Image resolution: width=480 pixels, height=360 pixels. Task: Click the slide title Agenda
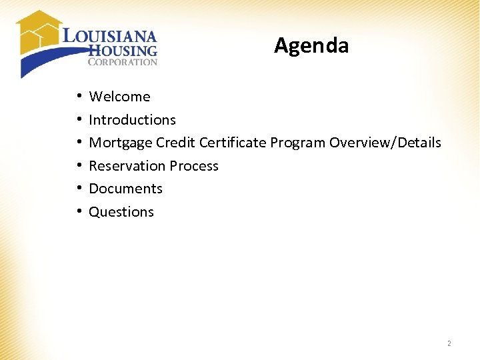coord(311,45)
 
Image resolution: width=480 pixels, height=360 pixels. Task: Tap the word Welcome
coord(119,97)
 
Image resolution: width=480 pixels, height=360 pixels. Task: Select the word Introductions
coord(132,120)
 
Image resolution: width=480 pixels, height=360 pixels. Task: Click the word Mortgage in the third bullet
coord(120,143)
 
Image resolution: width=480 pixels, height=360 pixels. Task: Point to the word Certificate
coord(233,143)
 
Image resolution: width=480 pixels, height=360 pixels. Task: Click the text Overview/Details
coord(385,143)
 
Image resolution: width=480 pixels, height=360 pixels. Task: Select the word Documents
coord(125,189)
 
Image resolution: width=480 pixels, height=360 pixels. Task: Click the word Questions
coord(121,212)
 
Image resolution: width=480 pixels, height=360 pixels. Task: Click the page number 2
coord(449,343)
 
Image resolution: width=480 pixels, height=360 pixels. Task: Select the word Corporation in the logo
coord(123,62)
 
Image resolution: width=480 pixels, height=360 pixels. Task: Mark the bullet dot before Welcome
coord(79,97)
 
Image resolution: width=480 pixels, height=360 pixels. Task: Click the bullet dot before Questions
coord(79,212)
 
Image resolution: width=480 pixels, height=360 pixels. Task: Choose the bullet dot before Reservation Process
coord(79,166)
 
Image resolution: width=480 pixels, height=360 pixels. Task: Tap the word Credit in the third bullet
coord(176,143)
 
